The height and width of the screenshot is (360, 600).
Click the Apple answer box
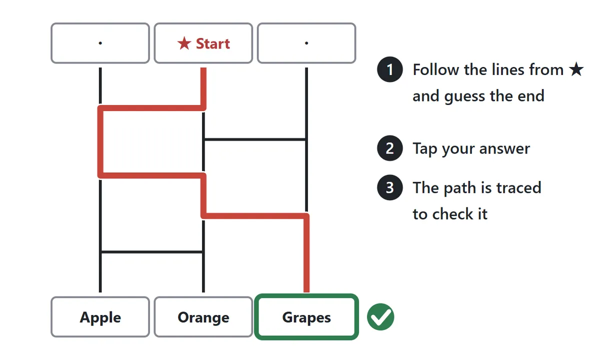click(100, 317)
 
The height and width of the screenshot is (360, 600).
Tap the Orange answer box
click(203, 317)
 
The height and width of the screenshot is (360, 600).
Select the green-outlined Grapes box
click(306, 317)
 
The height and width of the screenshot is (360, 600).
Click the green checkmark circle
click(380, 317)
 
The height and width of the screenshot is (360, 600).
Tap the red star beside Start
click(184, 43)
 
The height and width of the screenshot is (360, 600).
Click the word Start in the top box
click(213, 43)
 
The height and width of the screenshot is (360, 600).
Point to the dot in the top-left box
click(100, 43)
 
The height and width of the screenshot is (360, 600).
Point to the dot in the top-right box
click(306, 43)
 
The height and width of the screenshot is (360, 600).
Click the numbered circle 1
click(389, 69)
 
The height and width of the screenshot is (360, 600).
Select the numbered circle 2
click(389, 148)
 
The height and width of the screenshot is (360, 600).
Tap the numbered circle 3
click(389, 187)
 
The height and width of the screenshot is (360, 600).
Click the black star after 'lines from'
click(576, 69)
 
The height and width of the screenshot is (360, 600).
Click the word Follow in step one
click(436, 69)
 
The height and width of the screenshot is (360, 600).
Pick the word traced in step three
click(519, 187)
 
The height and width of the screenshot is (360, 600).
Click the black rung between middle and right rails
click(255, 139)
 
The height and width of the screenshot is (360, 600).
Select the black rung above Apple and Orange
click(152, 252)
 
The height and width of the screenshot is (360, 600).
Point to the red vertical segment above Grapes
click(306, 253)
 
